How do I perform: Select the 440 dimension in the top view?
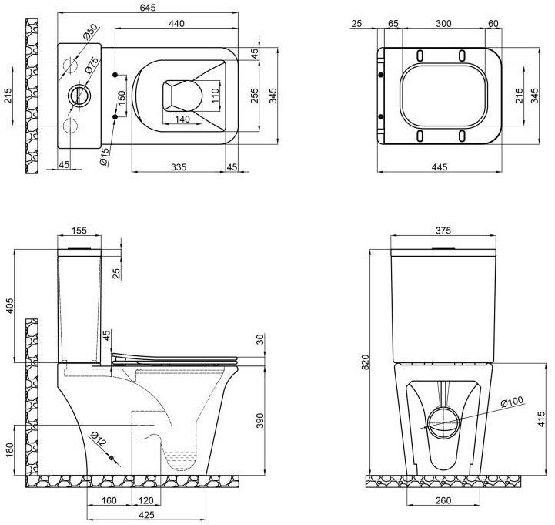pos(176,24)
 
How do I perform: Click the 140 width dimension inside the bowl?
pos(182,119)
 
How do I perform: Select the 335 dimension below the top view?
pos(179,166)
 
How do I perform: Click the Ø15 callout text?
pos(103,154)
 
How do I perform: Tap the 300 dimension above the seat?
pos(443,24)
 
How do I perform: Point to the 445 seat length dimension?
pos(439,167)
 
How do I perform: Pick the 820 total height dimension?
pos(366,361)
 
